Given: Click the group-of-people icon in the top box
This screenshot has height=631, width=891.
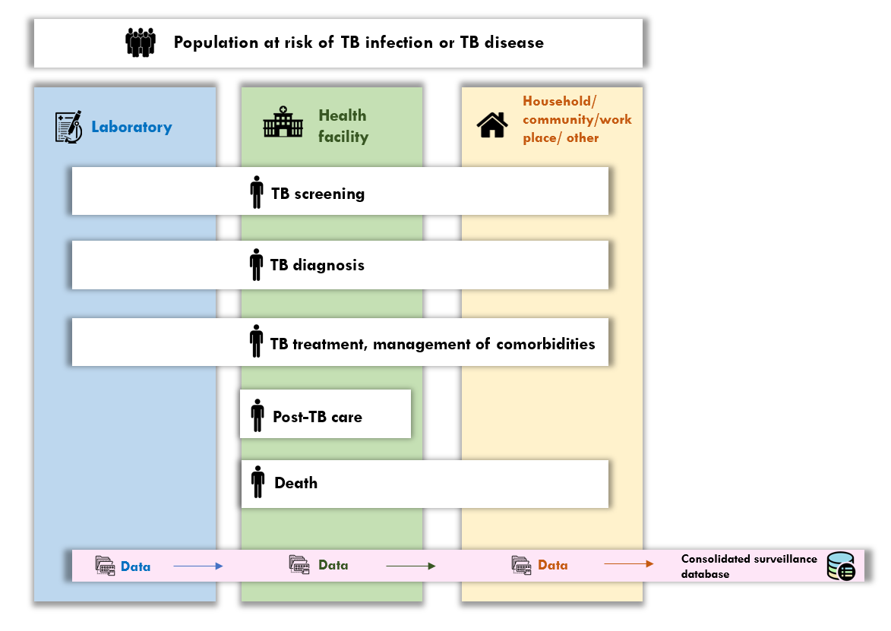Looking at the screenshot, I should (x=141, y=42).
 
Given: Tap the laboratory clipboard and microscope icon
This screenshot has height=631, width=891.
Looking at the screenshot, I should (x=68, y=127).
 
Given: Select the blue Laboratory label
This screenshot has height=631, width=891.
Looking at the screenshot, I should (x=131, y=127).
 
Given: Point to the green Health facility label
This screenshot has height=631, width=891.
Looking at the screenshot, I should (x=343, y=126).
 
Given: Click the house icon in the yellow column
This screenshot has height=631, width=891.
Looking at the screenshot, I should (x=492, y=125).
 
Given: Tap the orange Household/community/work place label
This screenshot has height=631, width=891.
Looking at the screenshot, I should (x=577, y=120).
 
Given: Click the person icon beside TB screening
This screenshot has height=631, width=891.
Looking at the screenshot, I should (x=257, y=193).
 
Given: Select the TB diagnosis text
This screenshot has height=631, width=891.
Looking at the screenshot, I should (x=318, y=265).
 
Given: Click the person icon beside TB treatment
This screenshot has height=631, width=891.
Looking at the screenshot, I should (x=257, y=342).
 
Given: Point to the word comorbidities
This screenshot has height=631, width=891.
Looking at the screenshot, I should (x=545, y=343).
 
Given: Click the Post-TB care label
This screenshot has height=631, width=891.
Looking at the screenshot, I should (x=318, y=417).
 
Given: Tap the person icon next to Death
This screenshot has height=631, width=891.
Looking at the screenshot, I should (x=258, y=482).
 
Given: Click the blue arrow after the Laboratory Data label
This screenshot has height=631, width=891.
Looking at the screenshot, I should (x=197, y=566).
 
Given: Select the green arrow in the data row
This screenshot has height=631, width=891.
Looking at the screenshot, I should (x=410, y=566).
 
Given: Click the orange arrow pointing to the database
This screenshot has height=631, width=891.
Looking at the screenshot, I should (x=628, y=564).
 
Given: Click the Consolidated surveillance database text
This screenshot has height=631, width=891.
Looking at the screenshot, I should (x=748, y=566).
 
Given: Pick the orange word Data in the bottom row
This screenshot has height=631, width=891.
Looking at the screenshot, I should (x=552, y=565).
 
